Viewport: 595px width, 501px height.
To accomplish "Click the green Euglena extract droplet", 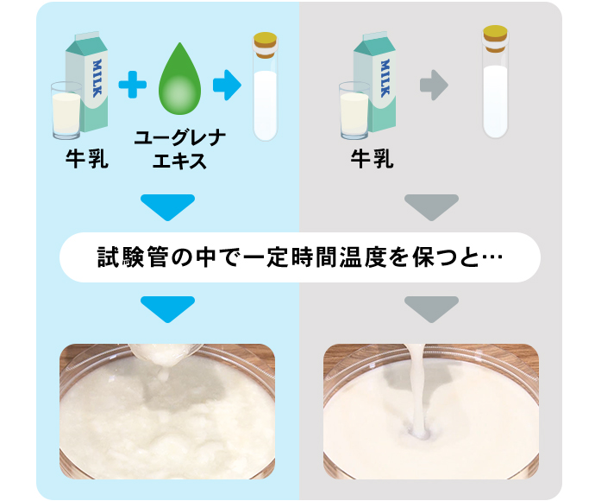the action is tap(180, 79).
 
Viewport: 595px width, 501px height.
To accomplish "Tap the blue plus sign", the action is tap(133, 85).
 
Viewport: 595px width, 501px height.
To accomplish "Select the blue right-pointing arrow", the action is tap(227, 86).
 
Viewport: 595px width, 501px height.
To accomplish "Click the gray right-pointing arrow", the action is tap(434, 86).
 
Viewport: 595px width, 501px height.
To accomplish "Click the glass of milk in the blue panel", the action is tap(66, 111).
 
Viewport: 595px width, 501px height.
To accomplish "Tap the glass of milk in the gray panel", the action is tap(354, 111).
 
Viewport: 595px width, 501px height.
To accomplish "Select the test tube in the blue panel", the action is tap(266, 86).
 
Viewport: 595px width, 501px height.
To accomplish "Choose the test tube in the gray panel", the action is tap(495, 81).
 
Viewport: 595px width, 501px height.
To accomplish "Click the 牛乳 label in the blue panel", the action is tap(87, 159).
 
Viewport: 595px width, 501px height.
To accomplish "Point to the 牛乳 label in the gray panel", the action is tap(372, 159).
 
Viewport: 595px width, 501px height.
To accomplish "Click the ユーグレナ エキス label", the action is tap(180, 149).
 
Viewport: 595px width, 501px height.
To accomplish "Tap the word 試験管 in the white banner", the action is tap(133, 257).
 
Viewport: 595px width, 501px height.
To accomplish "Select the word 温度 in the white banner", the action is tap(362, 257).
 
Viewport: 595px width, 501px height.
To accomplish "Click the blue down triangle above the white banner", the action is tap(167, 206).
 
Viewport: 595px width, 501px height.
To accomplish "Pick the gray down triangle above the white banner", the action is tap(431, 206).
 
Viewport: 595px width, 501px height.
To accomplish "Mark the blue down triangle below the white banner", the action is tap(167, 308).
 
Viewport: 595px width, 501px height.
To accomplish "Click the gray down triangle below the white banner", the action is tap(431, 308).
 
